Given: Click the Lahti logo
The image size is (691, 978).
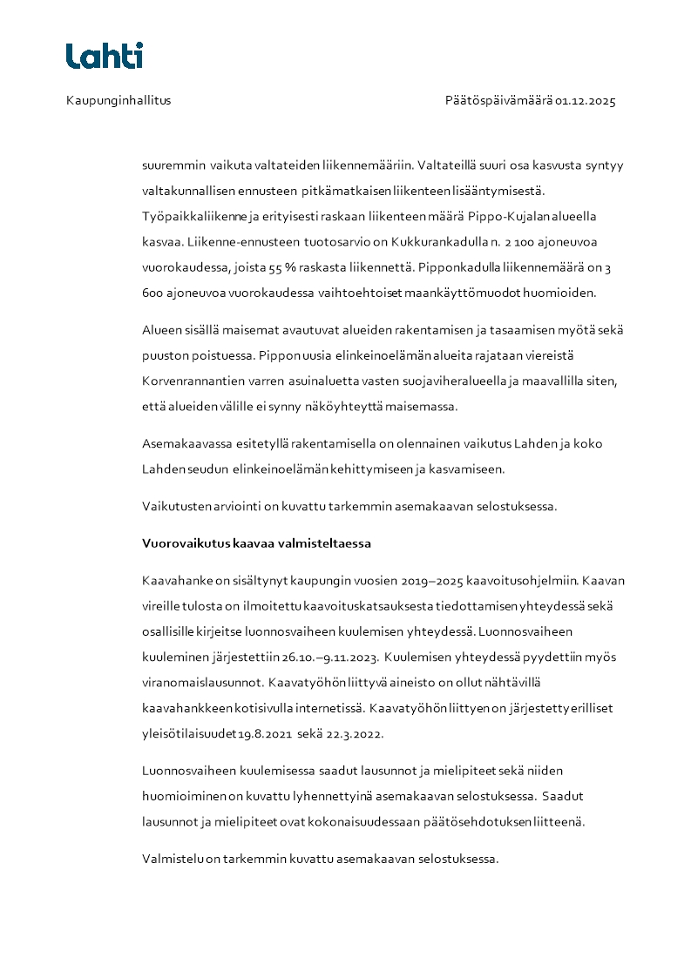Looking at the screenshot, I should click(105, 56).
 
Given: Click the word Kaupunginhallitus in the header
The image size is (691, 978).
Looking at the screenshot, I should click(119, 100).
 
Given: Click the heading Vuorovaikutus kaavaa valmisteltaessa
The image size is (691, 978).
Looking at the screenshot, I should click(256, 543).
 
